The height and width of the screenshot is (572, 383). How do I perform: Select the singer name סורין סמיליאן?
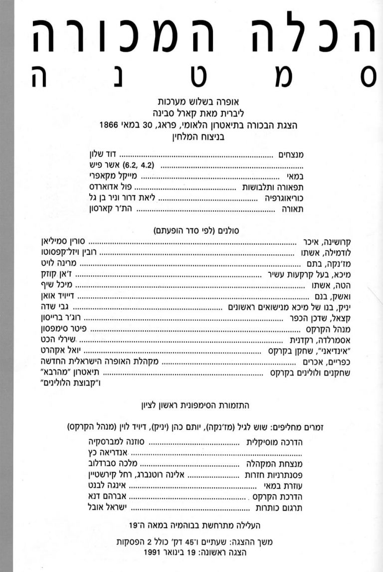click(62, 241)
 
